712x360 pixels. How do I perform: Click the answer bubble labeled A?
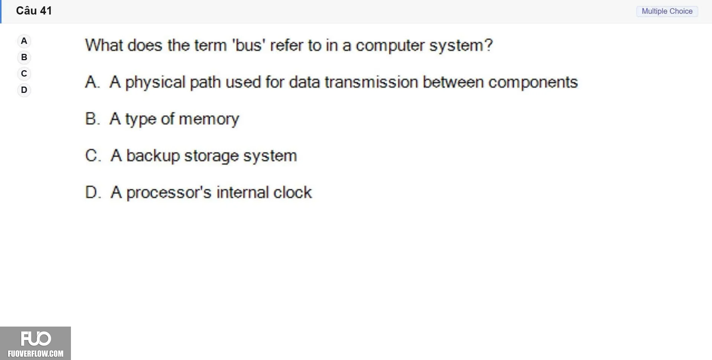tap(24, 41)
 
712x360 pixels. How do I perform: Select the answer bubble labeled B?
tap(24, 57)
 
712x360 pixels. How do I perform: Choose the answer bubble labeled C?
tap(24, 74)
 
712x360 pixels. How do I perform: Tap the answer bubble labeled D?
tap(24, 90)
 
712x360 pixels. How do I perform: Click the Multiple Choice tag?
tap(667, 11)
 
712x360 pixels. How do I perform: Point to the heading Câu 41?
tap(34, 11)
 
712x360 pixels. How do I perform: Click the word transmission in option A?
tap(371, 82)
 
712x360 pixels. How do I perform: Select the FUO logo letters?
tap(36, 339)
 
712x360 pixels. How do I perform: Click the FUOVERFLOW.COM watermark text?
tap(36, 354)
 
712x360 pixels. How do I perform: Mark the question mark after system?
tap(488, 45)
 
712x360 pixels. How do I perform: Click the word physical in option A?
tap(155, 82)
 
